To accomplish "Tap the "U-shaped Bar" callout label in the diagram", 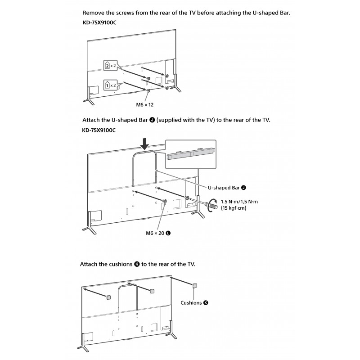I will coord(224,187).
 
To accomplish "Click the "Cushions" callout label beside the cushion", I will coord(192,303).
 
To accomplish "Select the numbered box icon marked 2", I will coord(107,66).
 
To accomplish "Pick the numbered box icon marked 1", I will coord(107,84).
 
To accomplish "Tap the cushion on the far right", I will coord(195,285).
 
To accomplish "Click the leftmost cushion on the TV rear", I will coord(108,297).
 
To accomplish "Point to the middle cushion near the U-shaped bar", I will coord(152,291).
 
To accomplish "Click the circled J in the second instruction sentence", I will coord(153,121).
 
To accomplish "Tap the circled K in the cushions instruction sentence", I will coord(137,264).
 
